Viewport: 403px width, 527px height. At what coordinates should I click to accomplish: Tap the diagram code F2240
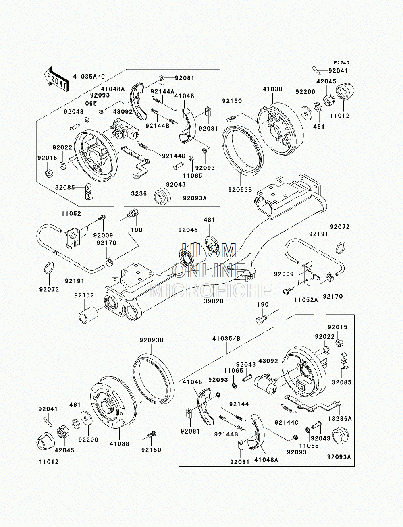pos(341,63)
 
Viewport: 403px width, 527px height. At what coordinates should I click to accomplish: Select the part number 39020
pos(214,301)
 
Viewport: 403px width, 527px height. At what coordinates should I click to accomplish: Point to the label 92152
pos(84,295)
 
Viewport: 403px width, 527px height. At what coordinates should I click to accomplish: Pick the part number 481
pos(210,220)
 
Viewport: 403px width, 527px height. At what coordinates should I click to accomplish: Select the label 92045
pos(188,230)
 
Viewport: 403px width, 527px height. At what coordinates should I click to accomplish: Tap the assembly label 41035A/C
pos(89,77)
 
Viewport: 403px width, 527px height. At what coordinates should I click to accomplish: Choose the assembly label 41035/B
pos(226,338)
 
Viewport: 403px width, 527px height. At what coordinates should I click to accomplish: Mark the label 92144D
pos(174,156)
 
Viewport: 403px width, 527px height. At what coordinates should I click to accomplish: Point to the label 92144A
pos(162,91)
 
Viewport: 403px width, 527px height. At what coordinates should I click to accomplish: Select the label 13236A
pos(340,419)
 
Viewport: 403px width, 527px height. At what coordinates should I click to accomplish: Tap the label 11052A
pos(306,300)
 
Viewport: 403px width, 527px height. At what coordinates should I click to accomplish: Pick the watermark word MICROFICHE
pos(211,290)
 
